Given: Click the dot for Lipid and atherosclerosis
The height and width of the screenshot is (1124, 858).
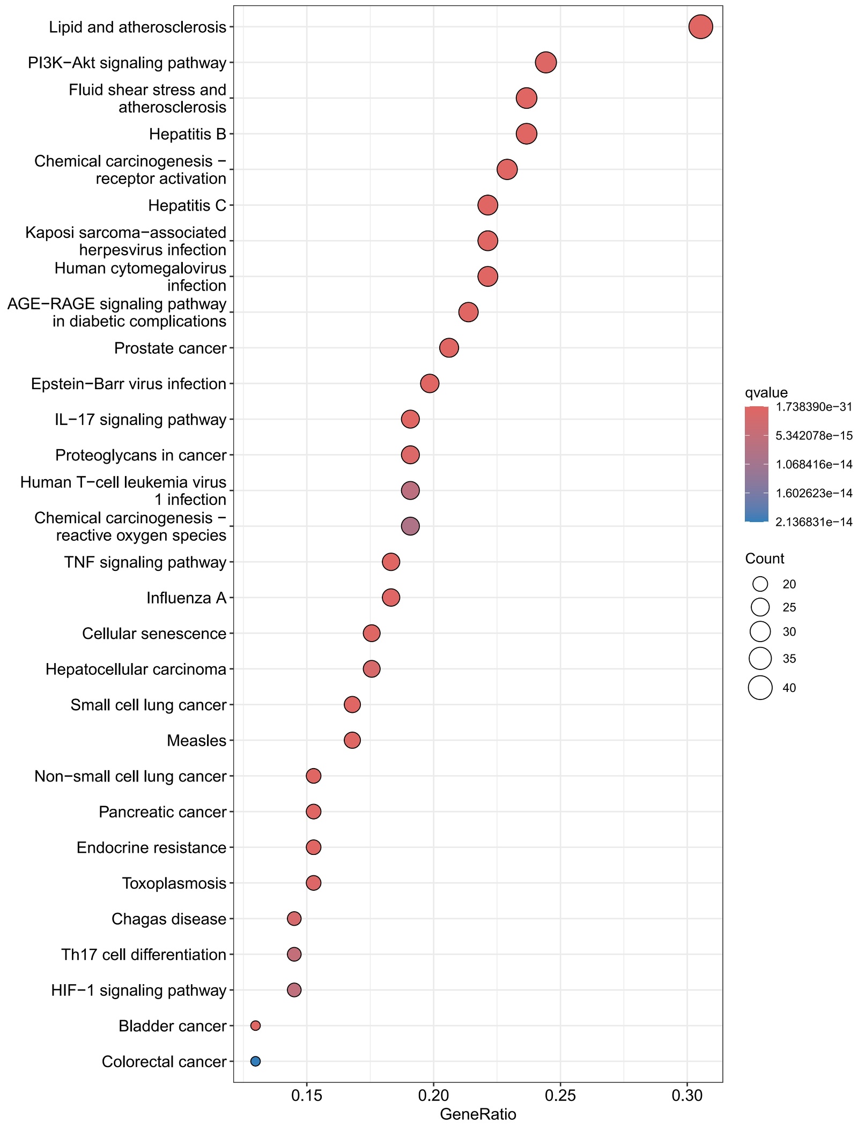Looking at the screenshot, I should [700, 27].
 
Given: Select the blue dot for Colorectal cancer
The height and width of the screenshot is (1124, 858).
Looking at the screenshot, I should [255, 1061].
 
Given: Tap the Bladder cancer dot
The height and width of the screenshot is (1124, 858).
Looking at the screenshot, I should [255, 1025].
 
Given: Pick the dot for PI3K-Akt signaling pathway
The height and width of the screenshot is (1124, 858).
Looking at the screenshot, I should [545, 63].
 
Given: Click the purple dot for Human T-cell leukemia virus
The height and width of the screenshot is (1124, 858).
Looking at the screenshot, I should [410, 490].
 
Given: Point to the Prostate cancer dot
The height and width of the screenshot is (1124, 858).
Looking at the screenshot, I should [449, 348].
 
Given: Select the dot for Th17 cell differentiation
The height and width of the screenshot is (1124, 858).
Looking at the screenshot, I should [294, 954].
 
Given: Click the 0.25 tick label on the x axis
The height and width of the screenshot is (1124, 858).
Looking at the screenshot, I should [560, 1095].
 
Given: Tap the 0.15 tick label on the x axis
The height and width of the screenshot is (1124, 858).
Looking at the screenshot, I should [307, 1095].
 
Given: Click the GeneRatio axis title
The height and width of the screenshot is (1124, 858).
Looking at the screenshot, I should [478, 1114].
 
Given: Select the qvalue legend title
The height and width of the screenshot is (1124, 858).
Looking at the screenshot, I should [766, 392].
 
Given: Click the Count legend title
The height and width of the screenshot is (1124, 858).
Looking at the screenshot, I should [764, 559].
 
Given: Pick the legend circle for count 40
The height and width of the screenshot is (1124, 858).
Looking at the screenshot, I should [760, 688].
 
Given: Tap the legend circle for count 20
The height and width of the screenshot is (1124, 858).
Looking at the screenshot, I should [760, 584].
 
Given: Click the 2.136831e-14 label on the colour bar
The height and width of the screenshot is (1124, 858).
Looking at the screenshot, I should [813, 522].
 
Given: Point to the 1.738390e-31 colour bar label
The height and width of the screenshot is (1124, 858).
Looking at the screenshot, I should [813, 407].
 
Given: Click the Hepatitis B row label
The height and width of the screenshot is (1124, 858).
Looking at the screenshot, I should [187, 134].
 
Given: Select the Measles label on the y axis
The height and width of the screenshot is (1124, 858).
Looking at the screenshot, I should [196, 740].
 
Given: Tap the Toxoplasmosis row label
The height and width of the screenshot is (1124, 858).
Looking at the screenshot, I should [174, 883].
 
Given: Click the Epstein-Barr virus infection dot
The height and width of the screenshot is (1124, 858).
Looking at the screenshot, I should [430, 384].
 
